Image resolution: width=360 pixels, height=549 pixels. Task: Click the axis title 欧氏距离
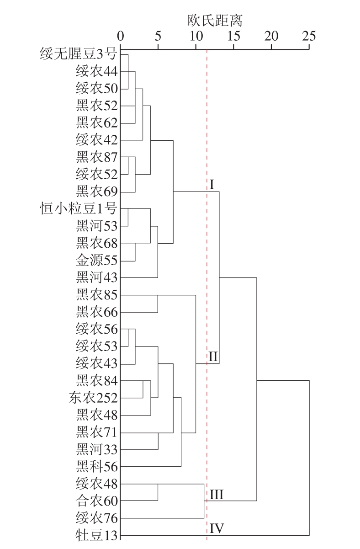pyautogui.click(x=215, y=21)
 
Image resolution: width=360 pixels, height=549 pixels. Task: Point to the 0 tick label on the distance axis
pyautogui.click(x=121, y=36)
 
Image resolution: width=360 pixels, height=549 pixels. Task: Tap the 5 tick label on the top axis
pyautogui.click(x=158, y=36)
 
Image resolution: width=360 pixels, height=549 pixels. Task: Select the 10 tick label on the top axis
pyautogui.click(x=196, y=36)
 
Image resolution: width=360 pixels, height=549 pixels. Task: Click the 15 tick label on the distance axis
pyautogui.click(x=233, y=36)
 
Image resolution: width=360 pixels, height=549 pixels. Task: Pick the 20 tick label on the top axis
pyautogui.click(x=271, y=36)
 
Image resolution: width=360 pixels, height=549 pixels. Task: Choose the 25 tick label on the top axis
pyautogui.click(x=309, y=36)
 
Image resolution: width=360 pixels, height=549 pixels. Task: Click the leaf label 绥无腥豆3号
pyautogui.click(x=79, y=54)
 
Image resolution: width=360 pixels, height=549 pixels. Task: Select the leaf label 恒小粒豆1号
pyautogui.click(x=79, y=209)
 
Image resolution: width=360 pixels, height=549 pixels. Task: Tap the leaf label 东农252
pyautogui.click(x=93, y=398)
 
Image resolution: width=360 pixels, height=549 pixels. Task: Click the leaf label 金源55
pyautogui.click(x=96, y=260)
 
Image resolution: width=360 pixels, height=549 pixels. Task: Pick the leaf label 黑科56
pyautogui.click(x=96, y=466)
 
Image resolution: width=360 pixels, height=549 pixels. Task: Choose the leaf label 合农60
pyautogui.click(x=96, y=501)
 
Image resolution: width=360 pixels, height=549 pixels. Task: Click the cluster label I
pyautogui.click(x=212, y=185)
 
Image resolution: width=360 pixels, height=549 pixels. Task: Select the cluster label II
pyautogui.click(x=213, y=357)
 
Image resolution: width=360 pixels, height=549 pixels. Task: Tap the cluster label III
pyautogui.click(x=217, y=494)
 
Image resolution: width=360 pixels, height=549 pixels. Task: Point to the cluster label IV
pyautogui.click(x=217, y=528)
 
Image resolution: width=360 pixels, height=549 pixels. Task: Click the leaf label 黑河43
pyautogui.click(x=96, y=277)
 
